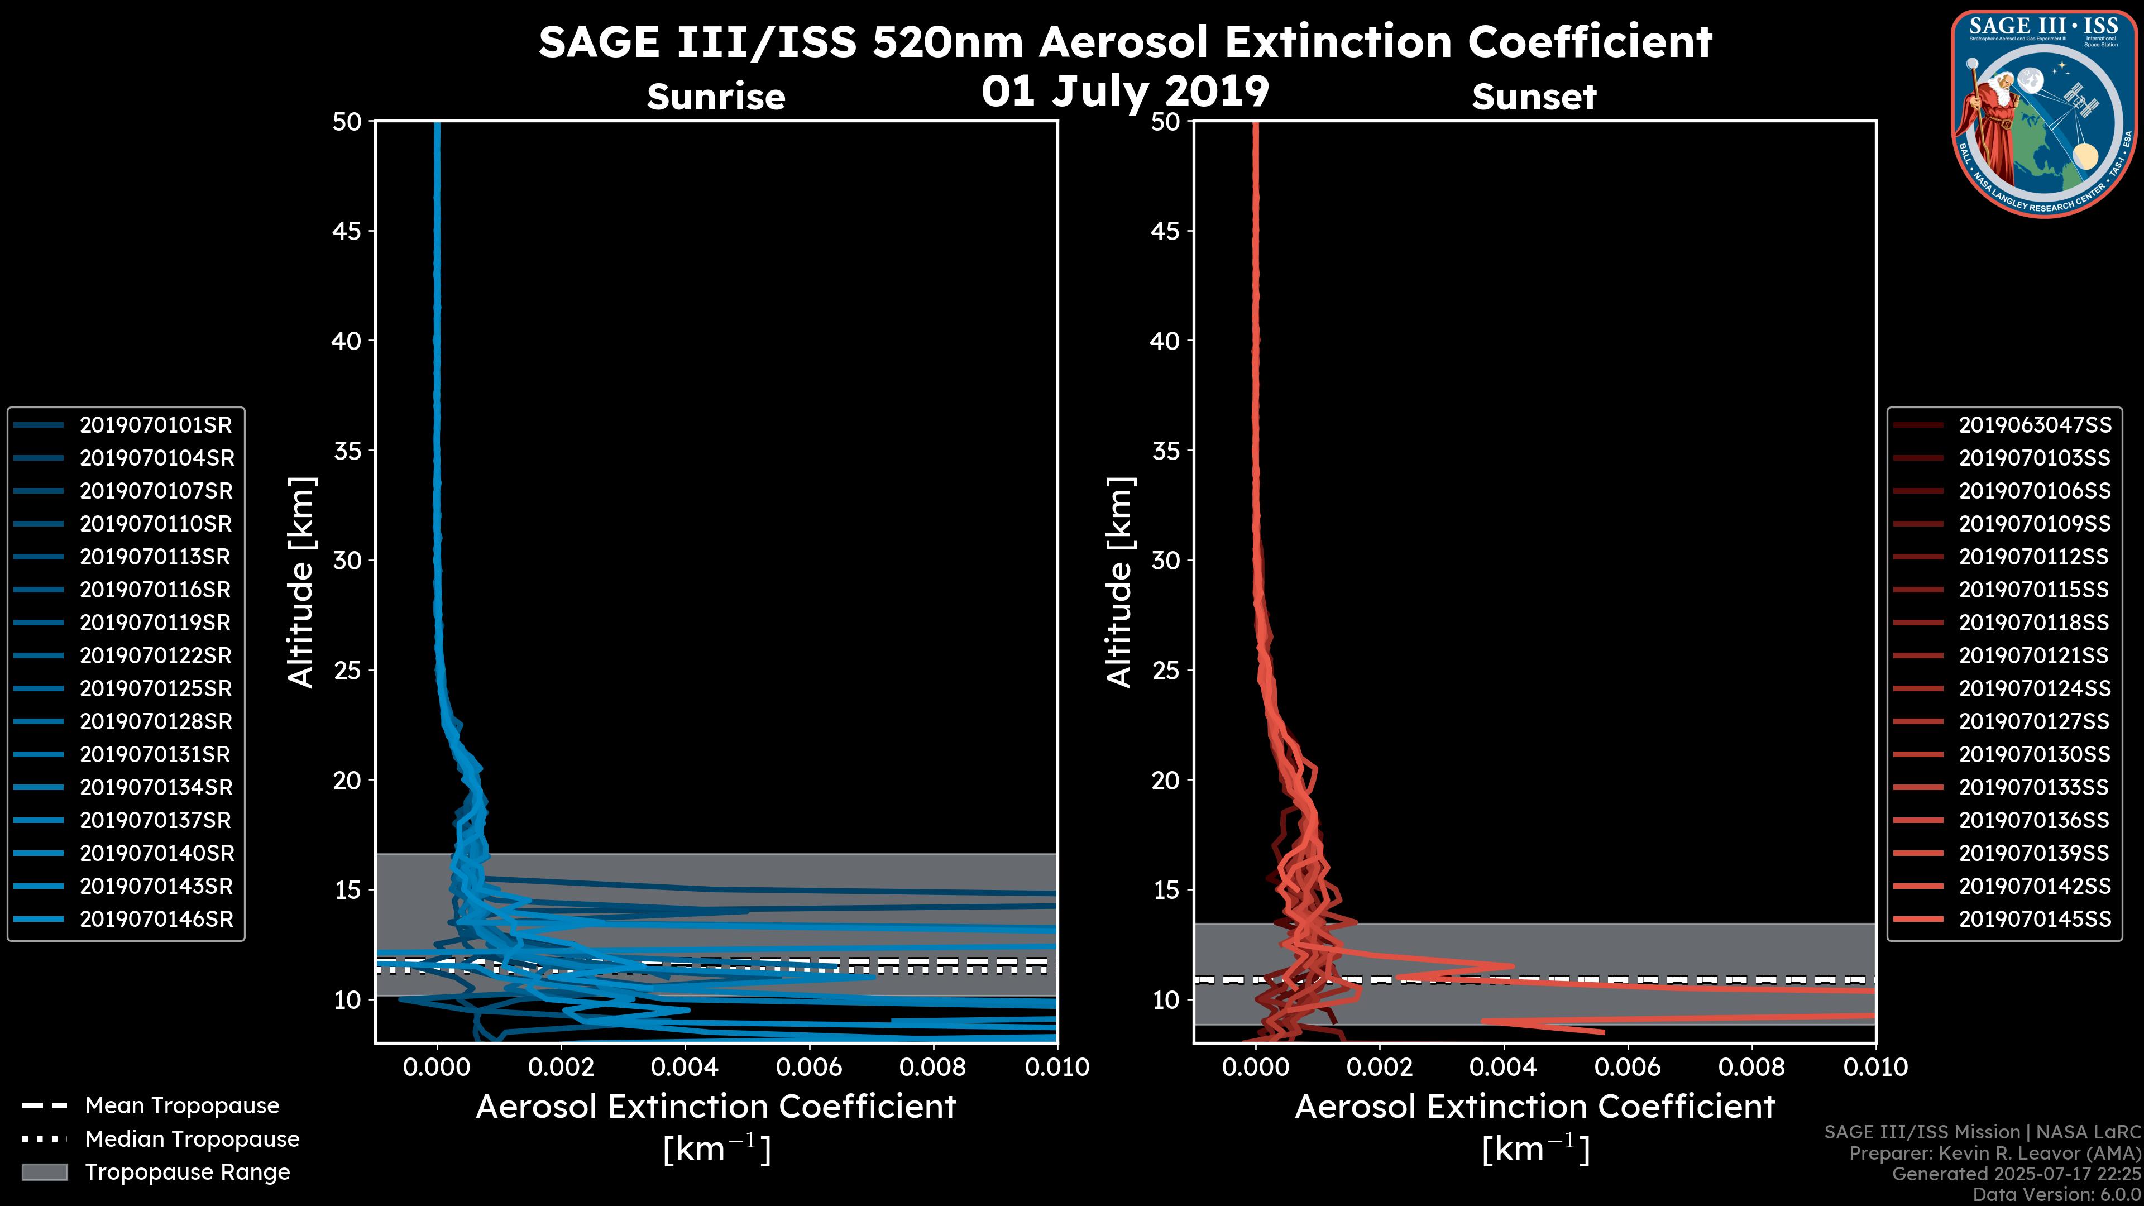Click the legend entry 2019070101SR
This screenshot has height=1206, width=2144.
(156, 425)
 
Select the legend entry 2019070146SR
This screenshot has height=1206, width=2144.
(156, 920)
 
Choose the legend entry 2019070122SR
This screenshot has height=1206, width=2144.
(156, 656)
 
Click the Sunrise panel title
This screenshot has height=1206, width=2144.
(716, 97)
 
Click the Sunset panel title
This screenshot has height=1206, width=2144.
(1534, 97)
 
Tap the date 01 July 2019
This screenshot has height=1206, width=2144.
(1125, 92)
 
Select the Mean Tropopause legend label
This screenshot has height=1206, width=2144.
(182, 1106)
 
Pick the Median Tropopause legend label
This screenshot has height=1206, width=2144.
(192, 1140)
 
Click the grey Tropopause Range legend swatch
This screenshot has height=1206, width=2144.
(44, 1172)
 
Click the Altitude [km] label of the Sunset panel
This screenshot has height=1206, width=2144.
(1119, 582)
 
